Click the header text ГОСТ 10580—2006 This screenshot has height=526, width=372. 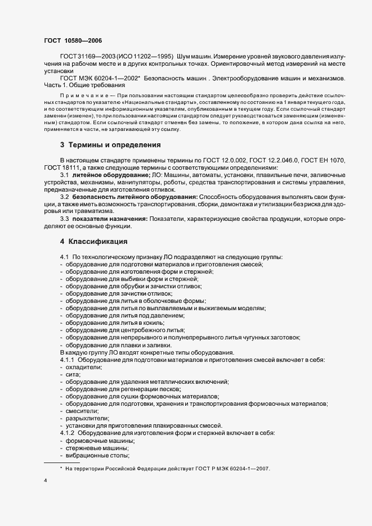(73, 40)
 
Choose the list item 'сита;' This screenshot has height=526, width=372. (73, 374)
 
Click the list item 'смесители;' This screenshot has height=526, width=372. (80, 411)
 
